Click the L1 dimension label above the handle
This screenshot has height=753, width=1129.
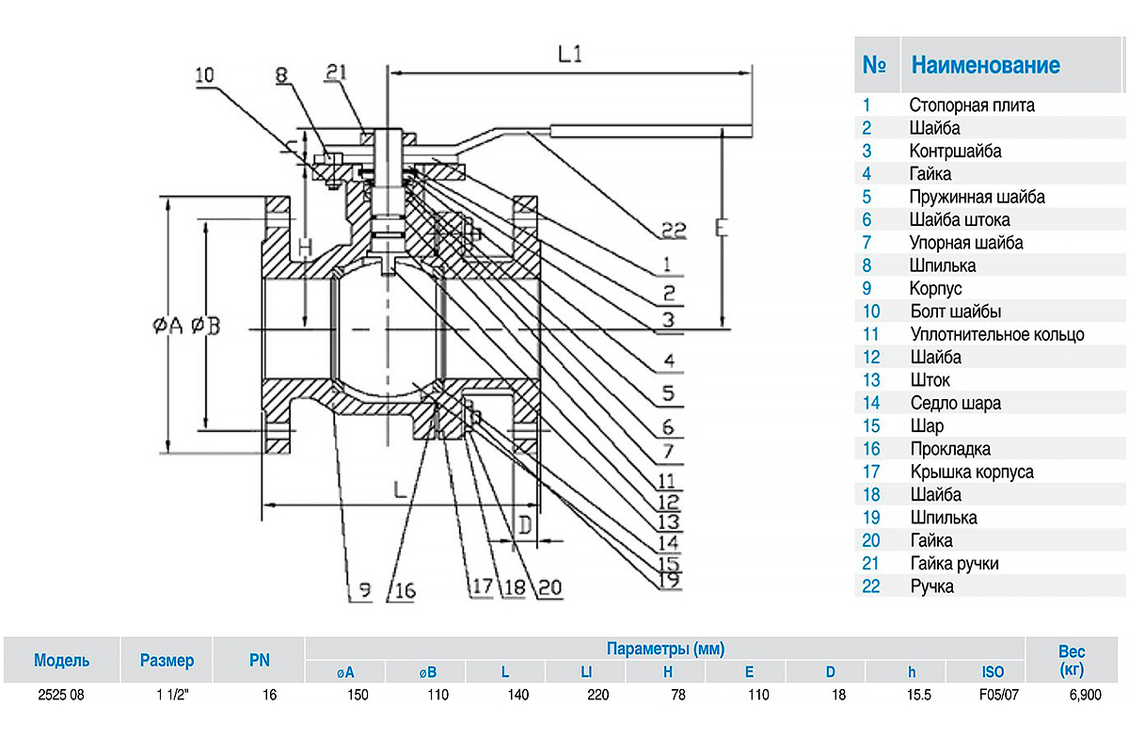[570, 55]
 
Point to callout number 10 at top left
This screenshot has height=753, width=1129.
[204, 74]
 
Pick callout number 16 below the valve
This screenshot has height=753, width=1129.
[404, 591]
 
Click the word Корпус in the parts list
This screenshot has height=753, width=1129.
[935, 288]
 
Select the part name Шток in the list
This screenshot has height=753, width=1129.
[930, 379]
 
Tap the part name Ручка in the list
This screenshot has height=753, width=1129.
[931, 585]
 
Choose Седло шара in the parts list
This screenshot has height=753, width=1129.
[955, 403]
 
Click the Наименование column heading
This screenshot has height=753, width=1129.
[985, 65]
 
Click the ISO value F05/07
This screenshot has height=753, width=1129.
[993, 695]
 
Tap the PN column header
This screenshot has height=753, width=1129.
[259, 660]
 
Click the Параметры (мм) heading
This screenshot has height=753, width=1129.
[664, 649]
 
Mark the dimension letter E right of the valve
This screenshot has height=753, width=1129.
[720, 229]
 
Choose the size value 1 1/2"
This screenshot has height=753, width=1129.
[167, 695]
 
